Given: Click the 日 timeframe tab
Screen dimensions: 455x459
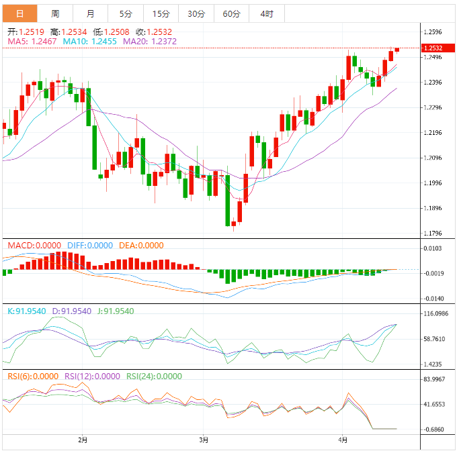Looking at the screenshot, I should pyautogui.click(x=19, y=13).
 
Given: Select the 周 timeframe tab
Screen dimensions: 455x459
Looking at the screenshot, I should pyautogui.click(x=55, y=13).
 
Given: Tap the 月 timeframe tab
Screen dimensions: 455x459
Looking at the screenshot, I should pyautogui.click(x=91, y=13).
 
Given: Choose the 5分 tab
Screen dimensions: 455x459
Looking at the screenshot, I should pyautogui.click(x=126, y=13).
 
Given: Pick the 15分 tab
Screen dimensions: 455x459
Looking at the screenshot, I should pyautogui.click(x=161, y=13).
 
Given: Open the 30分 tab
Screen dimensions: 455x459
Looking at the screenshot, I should pyautogui.click(x=196, y=13).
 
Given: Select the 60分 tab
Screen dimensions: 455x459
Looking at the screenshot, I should pyautogui.click(x=231, y=13).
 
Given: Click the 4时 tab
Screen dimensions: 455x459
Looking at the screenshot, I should pyautogui.click(x=266, y=13).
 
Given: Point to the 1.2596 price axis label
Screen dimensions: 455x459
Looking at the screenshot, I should pyautogui.click(x=432, y=32).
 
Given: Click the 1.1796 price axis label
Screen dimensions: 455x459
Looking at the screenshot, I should pyautogui.click(x=432, y=234).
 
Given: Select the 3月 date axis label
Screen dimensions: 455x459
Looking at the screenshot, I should pyautogui.click(x=204, y=440).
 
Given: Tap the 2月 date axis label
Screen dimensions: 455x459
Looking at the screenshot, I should pyautogui.click(x=82, y=440).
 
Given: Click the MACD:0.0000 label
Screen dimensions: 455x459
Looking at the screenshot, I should pyautogui.click(x=34, y=246).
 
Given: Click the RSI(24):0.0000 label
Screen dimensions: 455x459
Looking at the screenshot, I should pyautogui.click(x=154, y=376).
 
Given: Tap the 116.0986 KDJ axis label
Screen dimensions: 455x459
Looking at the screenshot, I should pyautogui.click(x=435, y=314).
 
